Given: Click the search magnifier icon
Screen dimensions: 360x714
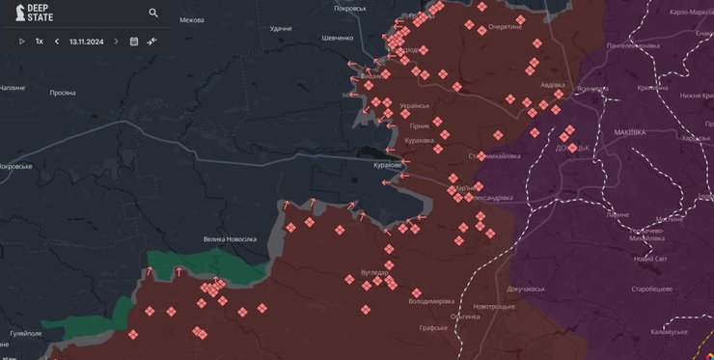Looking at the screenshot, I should point(153,14).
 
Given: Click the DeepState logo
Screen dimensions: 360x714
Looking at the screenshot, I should point(28,14).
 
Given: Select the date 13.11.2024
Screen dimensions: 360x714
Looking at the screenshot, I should point(87,42).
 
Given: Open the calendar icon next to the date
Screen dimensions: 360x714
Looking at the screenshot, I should point(134,42).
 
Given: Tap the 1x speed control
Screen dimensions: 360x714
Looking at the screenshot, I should point(40,42).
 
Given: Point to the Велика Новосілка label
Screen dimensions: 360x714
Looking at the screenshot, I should point(230,238).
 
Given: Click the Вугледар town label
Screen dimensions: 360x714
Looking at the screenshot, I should point(374,272).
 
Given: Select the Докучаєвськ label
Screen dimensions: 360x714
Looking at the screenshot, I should point(526,288).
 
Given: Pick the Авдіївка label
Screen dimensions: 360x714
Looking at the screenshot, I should point(553,84).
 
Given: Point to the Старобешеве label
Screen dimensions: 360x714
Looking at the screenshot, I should point(651,289).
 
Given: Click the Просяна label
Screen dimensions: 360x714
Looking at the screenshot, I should point(62,93).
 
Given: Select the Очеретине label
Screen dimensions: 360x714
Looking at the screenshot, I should point(505,27).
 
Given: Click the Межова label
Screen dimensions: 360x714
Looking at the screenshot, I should point(192,20).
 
